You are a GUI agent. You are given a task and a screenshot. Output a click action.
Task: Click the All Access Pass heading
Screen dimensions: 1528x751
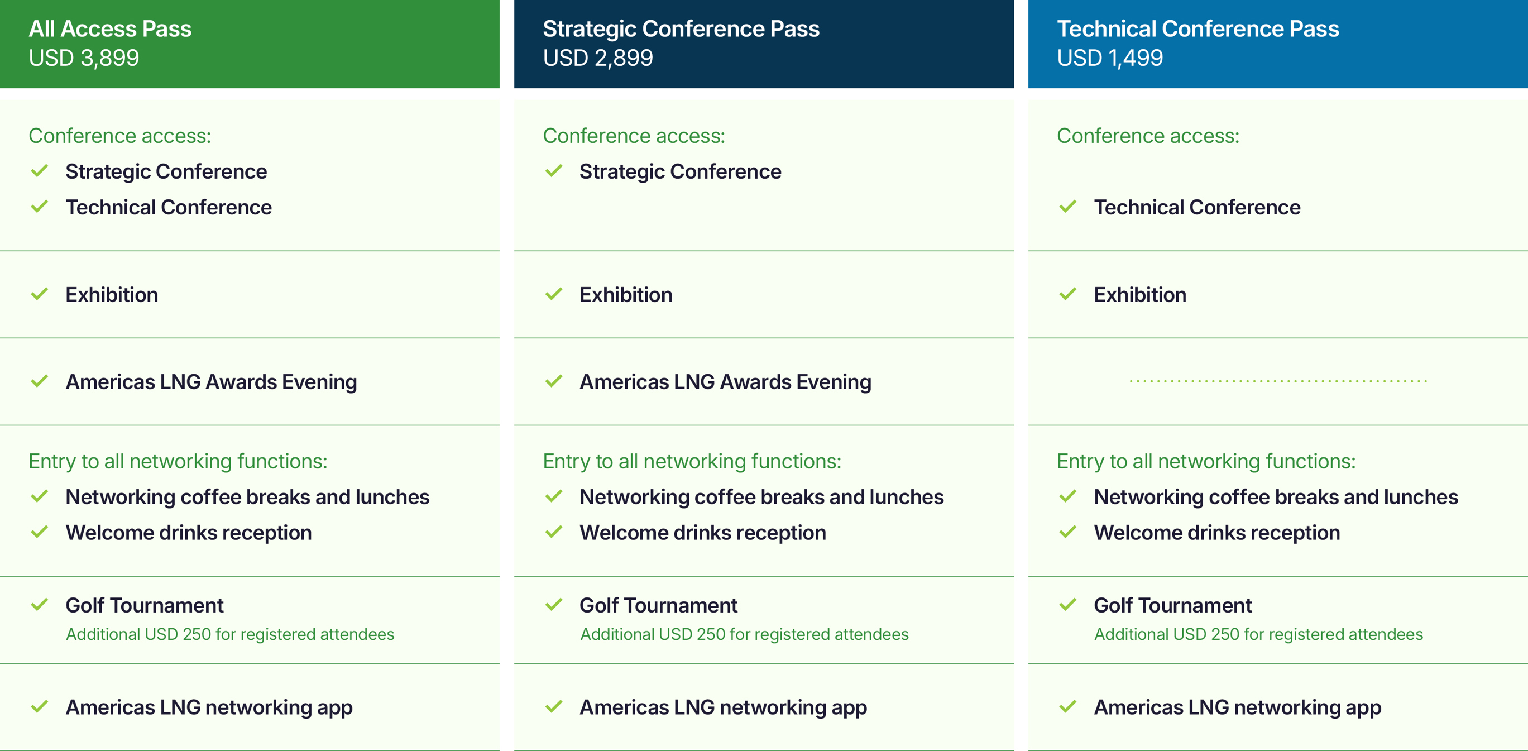pos(110,28)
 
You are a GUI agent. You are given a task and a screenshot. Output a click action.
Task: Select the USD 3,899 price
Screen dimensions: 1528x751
pos(84,58)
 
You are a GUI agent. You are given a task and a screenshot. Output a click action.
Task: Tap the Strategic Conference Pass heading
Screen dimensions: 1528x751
pos(681,28)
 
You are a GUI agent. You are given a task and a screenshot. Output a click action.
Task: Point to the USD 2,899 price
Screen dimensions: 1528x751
pos(598,58)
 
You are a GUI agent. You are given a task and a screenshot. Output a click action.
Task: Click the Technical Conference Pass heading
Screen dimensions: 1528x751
pos(1198,28)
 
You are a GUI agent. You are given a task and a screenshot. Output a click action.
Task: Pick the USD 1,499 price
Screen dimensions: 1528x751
pos(1110,58)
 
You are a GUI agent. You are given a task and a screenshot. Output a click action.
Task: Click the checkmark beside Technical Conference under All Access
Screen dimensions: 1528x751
pos(39,207)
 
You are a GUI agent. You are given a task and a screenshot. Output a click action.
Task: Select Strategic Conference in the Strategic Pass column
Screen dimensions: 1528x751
pos(681,171)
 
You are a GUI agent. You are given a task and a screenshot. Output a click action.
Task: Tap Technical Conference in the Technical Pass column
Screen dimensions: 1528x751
pos(1197,207)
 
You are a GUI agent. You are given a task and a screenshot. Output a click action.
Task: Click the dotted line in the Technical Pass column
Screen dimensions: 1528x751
pos(1278,381)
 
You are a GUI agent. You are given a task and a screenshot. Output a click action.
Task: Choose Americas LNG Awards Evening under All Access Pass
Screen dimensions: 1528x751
pos(211,382)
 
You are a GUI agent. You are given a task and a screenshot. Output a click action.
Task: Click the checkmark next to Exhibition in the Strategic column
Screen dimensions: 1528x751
pos(553,294)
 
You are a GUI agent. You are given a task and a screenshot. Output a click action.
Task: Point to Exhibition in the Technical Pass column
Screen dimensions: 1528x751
pos(1140,295)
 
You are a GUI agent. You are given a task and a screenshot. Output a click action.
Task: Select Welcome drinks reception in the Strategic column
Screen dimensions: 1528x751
pos(703,533)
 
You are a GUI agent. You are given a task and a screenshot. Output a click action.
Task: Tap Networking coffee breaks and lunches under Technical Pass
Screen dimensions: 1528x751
pos(1276,497)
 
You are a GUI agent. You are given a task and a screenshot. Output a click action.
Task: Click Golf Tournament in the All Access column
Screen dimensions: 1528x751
pos(144,605)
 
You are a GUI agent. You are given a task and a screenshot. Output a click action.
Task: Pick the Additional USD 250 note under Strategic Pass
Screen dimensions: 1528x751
pos(744,634)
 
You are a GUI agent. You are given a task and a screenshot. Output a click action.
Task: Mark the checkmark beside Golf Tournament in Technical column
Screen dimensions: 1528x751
pos(1067,605)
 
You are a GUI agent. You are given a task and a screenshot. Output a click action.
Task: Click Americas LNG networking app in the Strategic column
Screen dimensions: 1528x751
pos(723,707)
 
